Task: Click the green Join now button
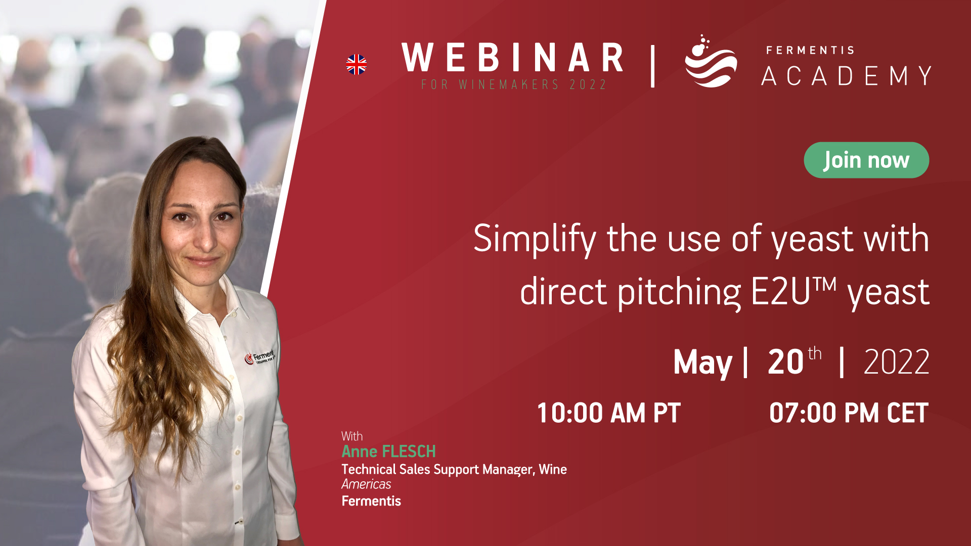[866, 160]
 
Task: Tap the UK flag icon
[357, 65]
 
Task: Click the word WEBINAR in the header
[512, 58]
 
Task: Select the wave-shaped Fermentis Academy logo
[711, 61]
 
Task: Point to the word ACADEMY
[847, 76]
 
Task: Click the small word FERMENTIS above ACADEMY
[810, 50]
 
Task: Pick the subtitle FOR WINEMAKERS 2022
[514, 84]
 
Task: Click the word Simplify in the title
[535, 239]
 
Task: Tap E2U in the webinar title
[781, 292]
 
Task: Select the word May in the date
[702, 362]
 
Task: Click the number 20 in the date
[785, 362]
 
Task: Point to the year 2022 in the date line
[896, 362]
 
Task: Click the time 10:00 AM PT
[608, 413]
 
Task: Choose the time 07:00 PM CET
[849, 413]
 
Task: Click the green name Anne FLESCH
[388, 451]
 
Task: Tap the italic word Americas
[366, 484]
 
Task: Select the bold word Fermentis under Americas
[371, 501]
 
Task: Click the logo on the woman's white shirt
[259, 356]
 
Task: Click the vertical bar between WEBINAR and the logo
[652, 66]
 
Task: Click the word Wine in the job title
[553, 469]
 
